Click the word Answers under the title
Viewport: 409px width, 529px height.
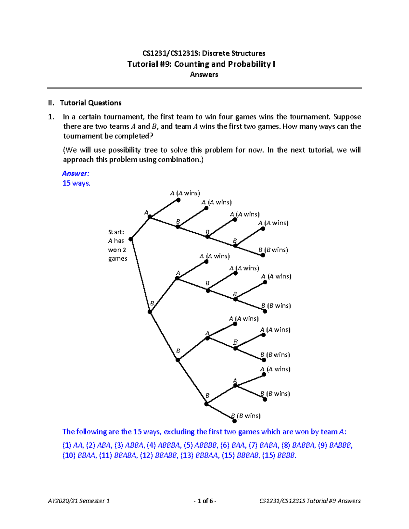[204, 74]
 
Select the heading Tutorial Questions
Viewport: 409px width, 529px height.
[91, 103]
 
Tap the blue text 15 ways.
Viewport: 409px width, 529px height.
[76, 183]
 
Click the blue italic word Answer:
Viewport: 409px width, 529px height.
[76, 173]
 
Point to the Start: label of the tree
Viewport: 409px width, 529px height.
[116, 232]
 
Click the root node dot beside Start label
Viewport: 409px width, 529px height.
[131, 239]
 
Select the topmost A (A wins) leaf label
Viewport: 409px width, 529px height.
[185, 193]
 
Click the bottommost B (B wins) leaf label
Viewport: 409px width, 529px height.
[246, 416]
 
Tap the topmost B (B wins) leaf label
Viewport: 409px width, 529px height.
[273, 250]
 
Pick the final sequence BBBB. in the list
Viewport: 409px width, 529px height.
[287, 455]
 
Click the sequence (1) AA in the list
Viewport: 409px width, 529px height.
[73, 445]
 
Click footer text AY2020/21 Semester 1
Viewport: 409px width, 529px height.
[79, 501]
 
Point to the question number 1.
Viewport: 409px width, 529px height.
[51, 117]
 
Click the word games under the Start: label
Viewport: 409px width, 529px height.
[118, 259]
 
